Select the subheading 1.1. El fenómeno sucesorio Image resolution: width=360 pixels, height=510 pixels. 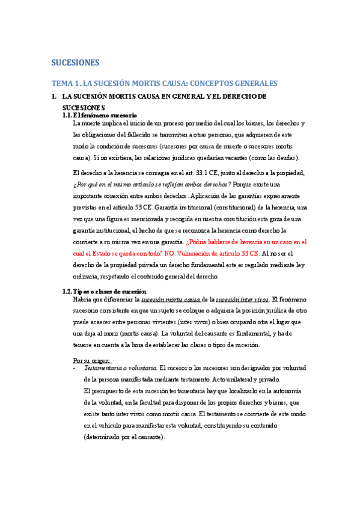tap(100, 115)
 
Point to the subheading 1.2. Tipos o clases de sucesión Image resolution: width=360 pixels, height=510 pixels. tap(105, 290)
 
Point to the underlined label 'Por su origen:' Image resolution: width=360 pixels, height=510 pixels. tap(91, 360)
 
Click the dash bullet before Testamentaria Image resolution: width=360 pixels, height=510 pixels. tap(73, 368)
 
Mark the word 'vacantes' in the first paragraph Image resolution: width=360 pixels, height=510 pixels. tap(243, 158)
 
